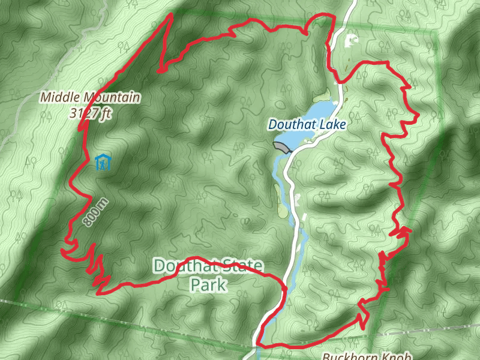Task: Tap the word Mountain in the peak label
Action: click(x=111, y=97)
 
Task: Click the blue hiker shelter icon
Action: click(x=103, y=163)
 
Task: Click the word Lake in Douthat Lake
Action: click(x=334, y=124)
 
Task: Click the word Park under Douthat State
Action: click(x=208, y=284)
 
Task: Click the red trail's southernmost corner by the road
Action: click(x=258, y=344)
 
